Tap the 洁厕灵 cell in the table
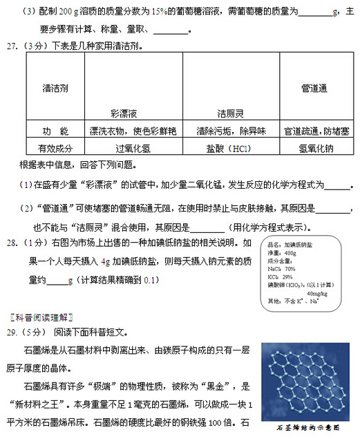(230, 113)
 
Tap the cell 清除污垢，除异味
(230, 131)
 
